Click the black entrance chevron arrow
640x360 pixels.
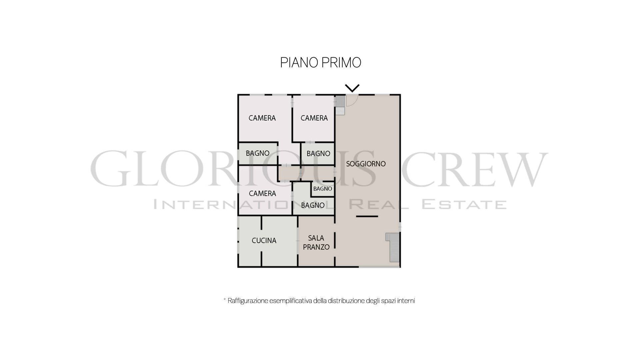pyautogui.click(x=352, y=88)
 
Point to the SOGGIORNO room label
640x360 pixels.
pyautogui.click(x=366, y=164)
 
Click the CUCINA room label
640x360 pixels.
pyautogui.click(x=264, y=240)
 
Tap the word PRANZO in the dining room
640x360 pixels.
pyautogui.click(x=316, y=247)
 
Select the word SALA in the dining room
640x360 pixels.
pyautogui.click(x=316, y=238)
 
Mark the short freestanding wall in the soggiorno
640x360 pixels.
pyautogui.click(x=367, y=216)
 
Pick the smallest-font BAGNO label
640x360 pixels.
pyautogui.click(x=323, y=189)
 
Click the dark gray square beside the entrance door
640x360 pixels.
pyautogui.click(x=340, y=101)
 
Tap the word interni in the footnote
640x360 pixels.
pyautogui.click(x=406, y=301)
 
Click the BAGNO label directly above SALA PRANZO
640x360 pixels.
pyautogui.click(x=313, y=205)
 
